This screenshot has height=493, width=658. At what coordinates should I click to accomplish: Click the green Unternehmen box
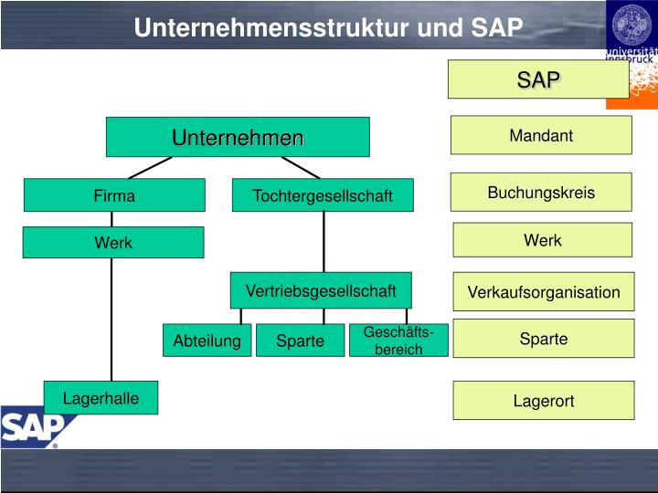pyautogui.click(x=238, y=137)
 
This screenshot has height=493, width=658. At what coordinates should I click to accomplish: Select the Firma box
pyautogui.click(x=114, y=195)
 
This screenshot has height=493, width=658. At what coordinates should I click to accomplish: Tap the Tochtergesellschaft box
pyautogui.click(x=323, y=195)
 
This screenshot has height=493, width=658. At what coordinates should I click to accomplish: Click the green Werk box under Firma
pyautogui.click(x=113, y=243)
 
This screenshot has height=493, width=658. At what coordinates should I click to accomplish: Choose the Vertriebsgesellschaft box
pyautogui.click(x=321, y=290)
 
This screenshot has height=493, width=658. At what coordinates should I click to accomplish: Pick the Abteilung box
pyautogui.click(x=207, y=341)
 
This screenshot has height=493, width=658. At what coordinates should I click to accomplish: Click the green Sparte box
pyautogui.click(x=301, y=341)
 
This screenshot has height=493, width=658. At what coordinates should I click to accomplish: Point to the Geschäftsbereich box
pyautogui.click(x=398, y=341)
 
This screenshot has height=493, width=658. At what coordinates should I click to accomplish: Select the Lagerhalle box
pyautogui.click(x=101, y=398)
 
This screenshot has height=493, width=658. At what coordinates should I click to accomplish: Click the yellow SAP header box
pyautogui.click(x=538, y=79)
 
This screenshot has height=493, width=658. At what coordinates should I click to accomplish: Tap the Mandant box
pyautogui.click(x=541, y=136)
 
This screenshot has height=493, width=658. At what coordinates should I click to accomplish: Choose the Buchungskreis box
pyautogui.click(x=541, y=193)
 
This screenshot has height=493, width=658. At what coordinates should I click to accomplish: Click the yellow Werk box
pyautogui.click(x=542, y=240)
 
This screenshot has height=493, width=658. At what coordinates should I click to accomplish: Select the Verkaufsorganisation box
pyautogui.click(x=544, y=292)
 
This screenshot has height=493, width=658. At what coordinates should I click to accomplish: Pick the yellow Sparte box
pyautogui.click(x=544, y=339)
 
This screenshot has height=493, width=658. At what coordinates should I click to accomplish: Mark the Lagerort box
pyautogui.click(x=544, y=401)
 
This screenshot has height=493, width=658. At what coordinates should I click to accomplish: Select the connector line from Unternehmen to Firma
pyautogui.click(x=152, y=168)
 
